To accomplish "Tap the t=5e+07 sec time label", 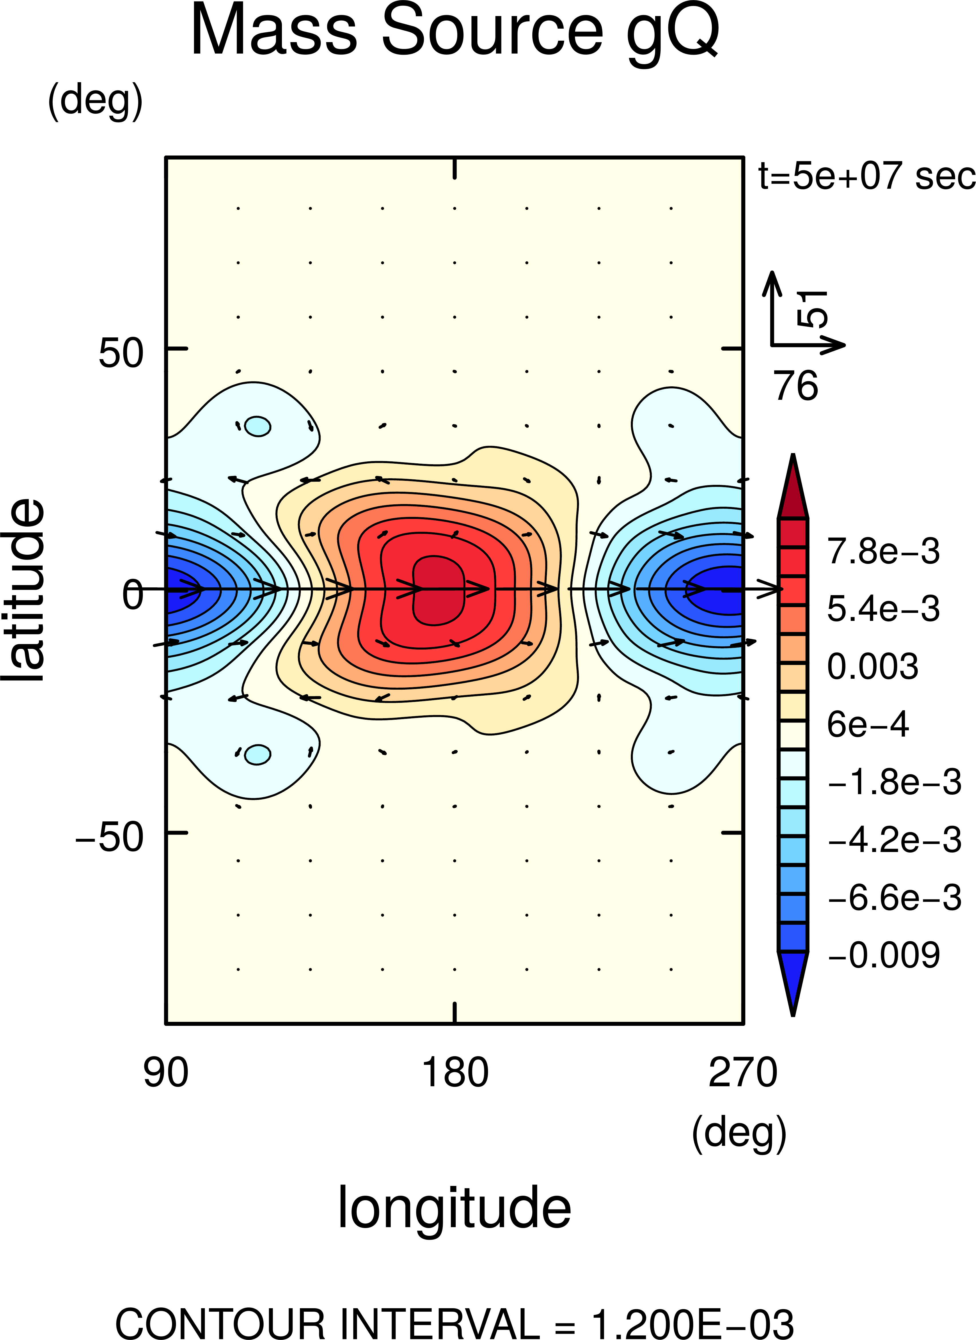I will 866,176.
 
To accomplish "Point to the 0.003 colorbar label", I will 873,666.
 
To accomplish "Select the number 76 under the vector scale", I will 796,386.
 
